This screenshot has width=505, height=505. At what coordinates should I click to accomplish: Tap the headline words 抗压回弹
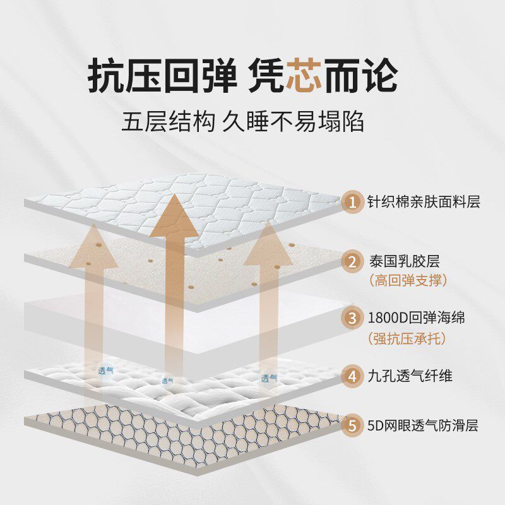pos(161,76)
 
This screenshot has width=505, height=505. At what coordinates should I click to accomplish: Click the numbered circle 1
pos(351,202)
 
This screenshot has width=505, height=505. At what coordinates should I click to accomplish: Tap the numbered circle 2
pos(351,260)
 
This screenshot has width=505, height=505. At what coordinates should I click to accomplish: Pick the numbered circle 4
pos(351,376)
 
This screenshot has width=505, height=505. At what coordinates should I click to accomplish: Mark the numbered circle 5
pos(351,425)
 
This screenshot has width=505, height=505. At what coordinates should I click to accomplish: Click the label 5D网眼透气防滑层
pos(422,425)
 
